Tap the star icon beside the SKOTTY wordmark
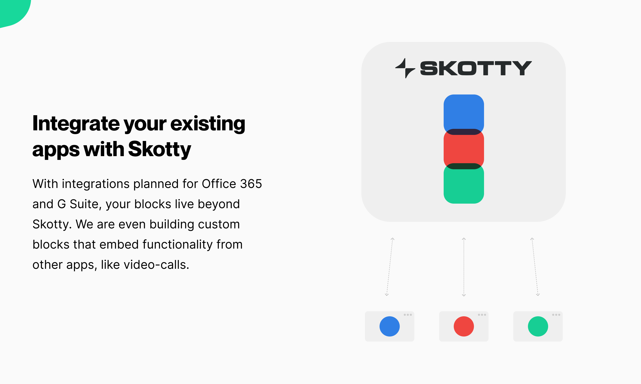[405, 68]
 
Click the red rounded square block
[464, 149]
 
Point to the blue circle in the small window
[389, 326]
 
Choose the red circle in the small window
[464, 326]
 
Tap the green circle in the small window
[538, 326]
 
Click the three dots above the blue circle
[408, 315]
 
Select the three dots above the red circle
[482, 315]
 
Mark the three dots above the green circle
[556, 315]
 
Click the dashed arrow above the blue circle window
[389, 267]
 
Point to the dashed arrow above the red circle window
[464, 267]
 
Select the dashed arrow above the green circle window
[535, 267]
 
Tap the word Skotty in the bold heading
[159, 149]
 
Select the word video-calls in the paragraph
[156, 265]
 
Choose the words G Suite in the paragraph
[78, 204]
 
